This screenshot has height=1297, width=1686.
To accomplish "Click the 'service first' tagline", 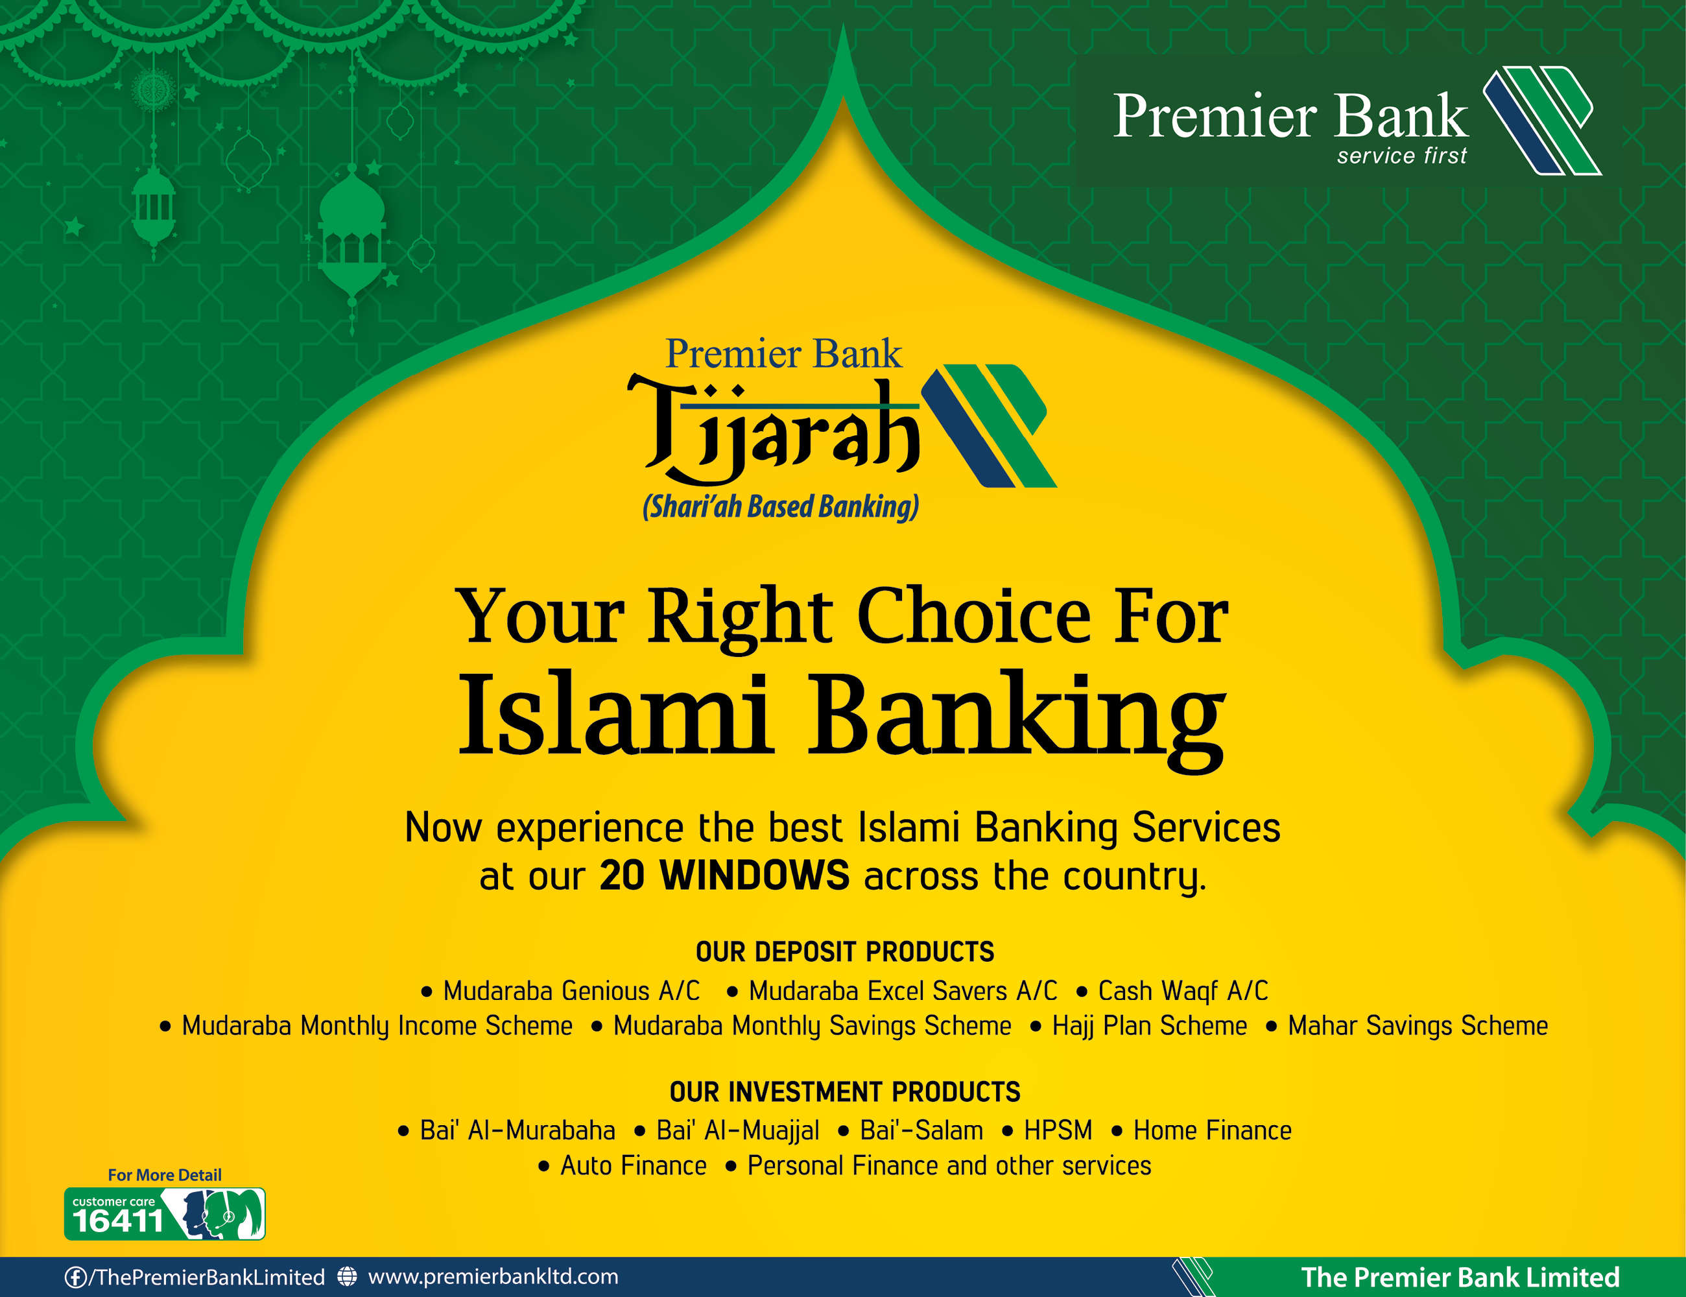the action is [x=1402, y=156].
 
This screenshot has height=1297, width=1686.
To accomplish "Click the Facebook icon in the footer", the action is [x=75, y=1278].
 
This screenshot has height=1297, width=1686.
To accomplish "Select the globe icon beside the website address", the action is [x=348, y=1277].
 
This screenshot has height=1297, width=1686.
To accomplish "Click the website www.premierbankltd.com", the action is [x=493, y=1277].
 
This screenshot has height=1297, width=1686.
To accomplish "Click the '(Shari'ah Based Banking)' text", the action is [x=781, y=507].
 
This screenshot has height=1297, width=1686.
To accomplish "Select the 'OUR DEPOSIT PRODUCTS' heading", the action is [x=844, y=952].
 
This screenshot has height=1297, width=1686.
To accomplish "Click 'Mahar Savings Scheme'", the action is [x=1418, y=1026].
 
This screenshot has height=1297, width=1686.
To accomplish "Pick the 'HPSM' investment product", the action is [x=1058, y=1130].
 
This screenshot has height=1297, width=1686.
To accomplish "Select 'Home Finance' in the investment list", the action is [x=1212, y=1130].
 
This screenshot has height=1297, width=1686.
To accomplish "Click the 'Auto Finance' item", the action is [x=633, y=1166].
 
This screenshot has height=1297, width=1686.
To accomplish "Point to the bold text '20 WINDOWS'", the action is [x=724, y=875].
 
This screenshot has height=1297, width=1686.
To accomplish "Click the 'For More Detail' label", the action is [x=165, y=1175].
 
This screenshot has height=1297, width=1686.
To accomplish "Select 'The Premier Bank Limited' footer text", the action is [x=1460, y=1278].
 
